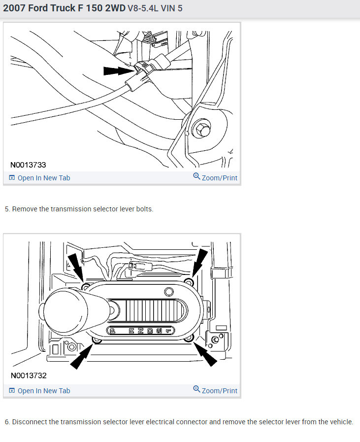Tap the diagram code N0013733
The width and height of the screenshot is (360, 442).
pyautogui.click(x=29, y=165)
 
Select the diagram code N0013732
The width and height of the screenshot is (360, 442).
pyautogui.click(x=29, y=375)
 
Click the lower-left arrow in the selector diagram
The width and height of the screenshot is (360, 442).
pyautogui.click(x=81, y=356)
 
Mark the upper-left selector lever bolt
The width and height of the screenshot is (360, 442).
pyautogui.click(x=86, y=287)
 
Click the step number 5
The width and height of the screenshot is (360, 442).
pyautogui.click(x=7, y=209)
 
